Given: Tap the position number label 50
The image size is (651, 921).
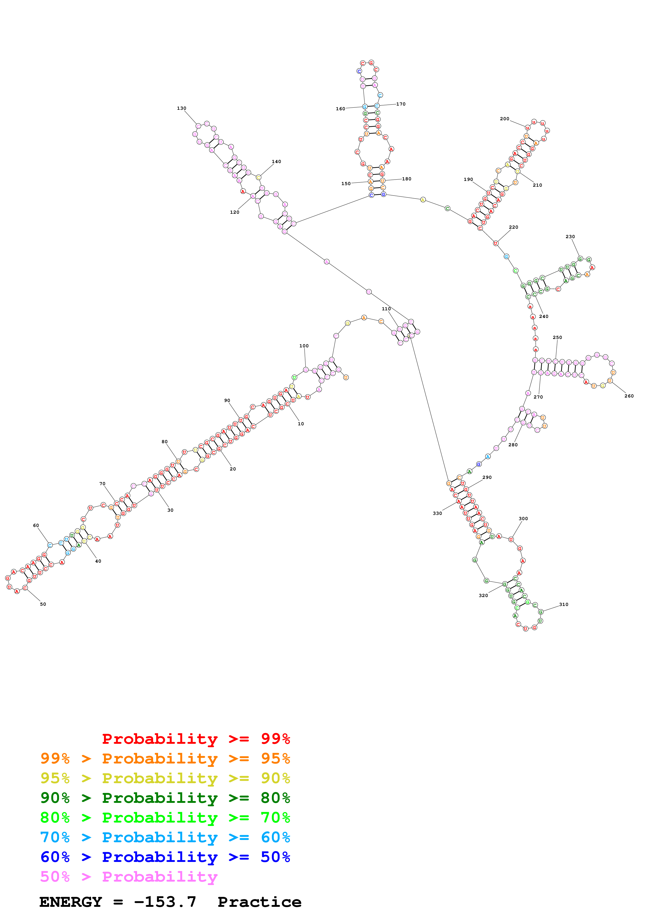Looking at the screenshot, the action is point(43,604).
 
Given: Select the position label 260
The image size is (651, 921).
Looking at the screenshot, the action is point(629,396).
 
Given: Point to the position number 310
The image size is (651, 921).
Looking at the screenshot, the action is point(564,605).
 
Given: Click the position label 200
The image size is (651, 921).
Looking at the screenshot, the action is point(504,119).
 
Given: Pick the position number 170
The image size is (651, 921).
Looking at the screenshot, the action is point(401,104).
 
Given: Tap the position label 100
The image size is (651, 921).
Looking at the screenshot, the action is point(304,346).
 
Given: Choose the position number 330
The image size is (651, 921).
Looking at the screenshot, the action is point(437,514).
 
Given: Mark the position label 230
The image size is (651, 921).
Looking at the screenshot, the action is point(570,237).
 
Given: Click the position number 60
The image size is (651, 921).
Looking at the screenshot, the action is point(36,526).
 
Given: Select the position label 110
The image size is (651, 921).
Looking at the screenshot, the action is point(386,309).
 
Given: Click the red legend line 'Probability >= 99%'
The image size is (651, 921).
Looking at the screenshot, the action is point(196,739).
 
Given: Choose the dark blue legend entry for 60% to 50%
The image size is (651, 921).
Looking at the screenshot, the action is point(165,857).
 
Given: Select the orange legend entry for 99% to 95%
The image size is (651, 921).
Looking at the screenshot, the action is point(165,758).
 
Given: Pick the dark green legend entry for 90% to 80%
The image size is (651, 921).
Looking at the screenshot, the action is point(165,798).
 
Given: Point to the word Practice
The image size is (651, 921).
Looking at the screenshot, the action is point(259,902).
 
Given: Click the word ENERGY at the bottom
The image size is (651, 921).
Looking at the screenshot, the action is point(71,902).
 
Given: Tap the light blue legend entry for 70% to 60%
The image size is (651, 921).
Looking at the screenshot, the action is point(165,837).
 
